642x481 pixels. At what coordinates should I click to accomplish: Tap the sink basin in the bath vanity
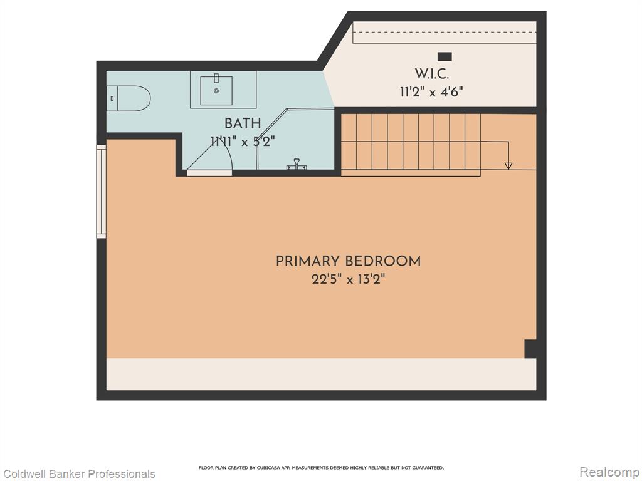(216, 90)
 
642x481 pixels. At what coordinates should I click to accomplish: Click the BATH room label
(243, 123)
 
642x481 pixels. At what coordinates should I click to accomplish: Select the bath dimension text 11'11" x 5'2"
(243, 142)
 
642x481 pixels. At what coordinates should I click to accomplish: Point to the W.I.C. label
(431, 74)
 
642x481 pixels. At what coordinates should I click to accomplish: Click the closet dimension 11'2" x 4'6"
(431, 91)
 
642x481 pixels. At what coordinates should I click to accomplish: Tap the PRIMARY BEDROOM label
(348, 261)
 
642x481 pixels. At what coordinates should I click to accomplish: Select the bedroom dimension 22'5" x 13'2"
(348, 280)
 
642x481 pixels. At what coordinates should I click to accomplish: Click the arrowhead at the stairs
(508, 165)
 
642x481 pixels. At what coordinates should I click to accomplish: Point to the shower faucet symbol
(297, 164)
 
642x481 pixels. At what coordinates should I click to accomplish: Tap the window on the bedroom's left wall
(101, 192)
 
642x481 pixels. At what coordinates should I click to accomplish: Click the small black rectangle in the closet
(445, 56)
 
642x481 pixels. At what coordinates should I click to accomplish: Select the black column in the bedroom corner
(530, 349)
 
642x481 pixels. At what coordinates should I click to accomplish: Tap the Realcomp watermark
(610, 472)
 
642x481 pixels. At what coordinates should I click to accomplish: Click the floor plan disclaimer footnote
(321, 467)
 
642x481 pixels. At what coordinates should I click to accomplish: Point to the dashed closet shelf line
(445, 32)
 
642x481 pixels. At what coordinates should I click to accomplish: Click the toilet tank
(112, 98)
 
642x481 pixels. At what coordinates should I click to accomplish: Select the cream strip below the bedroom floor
(322, 375)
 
